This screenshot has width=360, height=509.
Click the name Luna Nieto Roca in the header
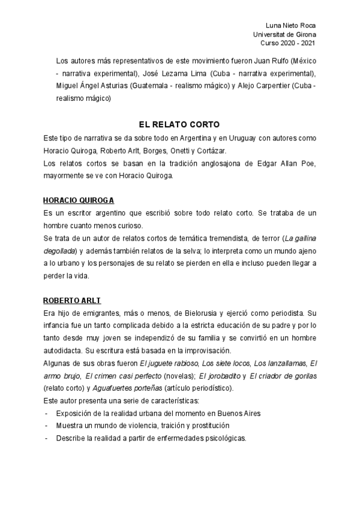290,25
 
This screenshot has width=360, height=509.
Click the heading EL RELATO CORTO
179,125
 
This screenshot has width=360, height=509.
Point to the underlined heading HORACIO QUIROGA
79,199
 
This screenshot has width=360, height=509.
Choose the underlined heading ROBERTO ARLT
70,300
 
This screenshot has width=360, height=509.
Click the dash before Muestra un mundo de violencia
46,426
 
